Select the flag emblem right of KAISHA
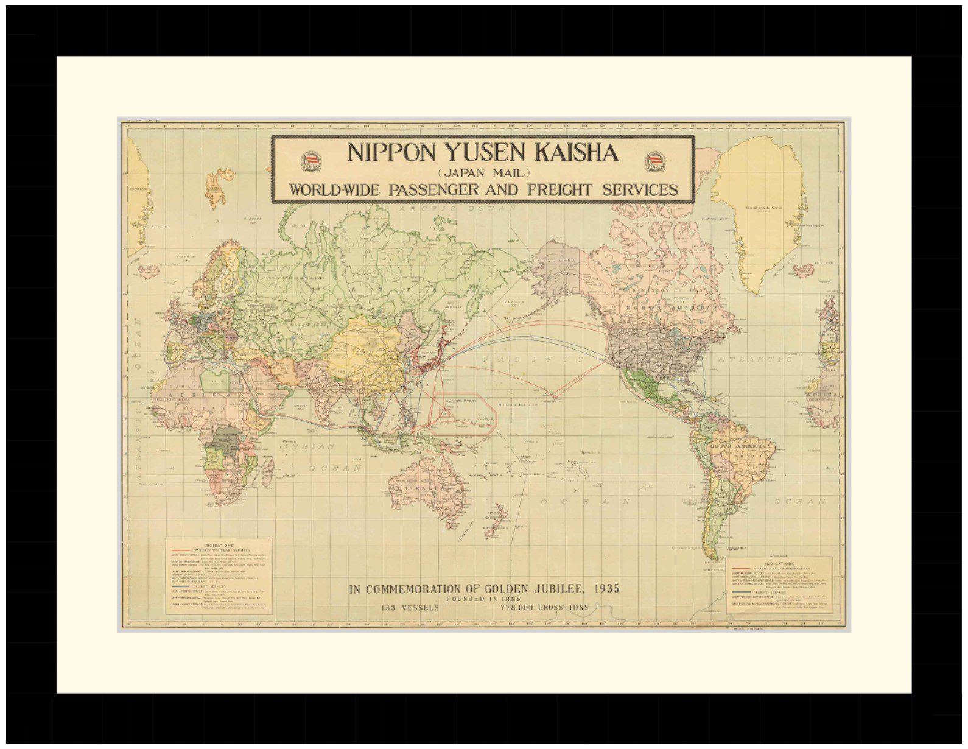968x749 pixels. [x=655, y=161]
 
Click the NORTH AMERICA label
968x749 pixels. [x=669, y=308]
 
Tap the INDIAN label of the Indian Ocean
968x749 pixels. [x=309, y=446]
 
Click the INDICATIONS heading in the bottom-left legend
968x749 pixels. [x=219, y=545]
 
